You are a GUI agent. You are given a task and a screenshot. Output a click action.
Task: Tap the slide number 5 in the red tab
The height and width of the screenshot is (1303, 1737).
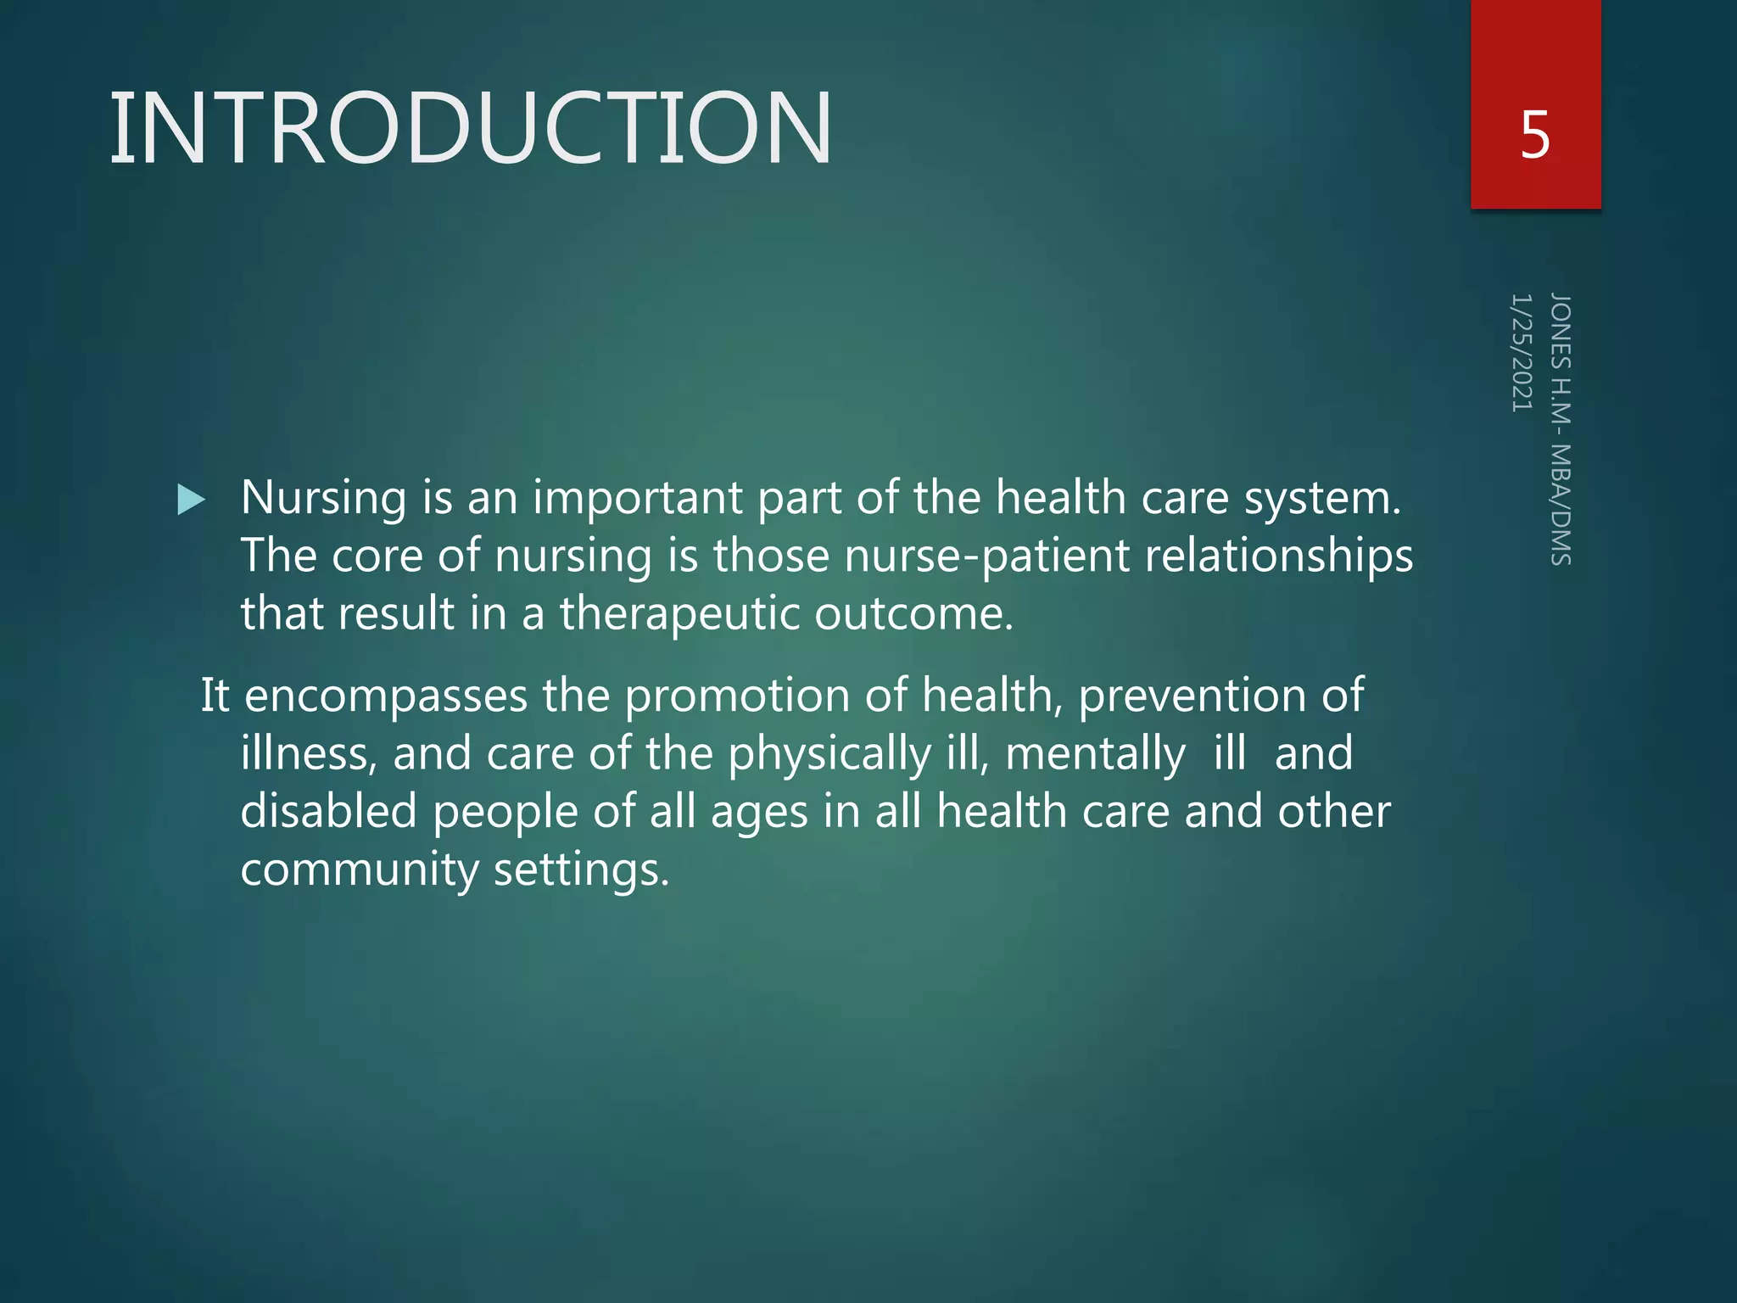pos(1535,136)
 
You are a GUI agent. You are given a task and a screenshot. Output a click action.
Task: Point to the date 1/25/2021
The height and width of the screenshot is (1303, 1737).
pos(1522,353)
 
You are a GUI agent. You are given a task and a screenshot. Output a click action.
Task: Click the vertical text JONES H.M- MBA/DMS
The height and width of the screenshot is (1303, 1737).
pos(1561,429)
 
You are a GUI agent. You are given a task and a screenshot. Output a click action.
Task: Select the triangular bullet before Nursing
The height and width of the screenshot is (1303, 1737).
pos(191,500)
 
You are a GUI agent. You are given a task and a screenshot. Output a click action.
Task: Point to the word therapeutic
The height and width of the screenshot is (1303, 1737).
pos(679,614)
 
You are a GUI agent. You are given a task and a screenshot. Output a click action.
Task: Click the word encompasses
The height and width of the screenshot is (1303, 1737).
pos(386,696)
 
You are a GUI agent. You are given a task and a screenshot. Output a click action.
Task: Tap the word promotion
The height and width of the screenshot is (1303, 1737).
pos(737,696)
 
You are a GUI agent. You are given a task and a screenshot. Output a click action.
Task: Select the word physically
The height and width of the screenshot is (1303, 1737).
pos(829,754)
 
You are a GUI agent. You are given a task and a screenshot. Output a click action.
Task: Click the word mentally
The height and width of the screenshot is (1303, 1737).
pos(1095,754)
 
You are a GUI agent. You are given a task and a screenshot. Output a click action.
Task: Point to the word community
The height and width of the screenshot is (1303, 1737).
pos(360,870)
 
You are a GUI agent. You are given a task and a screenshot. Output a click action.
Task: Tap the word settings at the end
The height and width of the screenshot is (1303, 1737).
pos(581,870)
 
